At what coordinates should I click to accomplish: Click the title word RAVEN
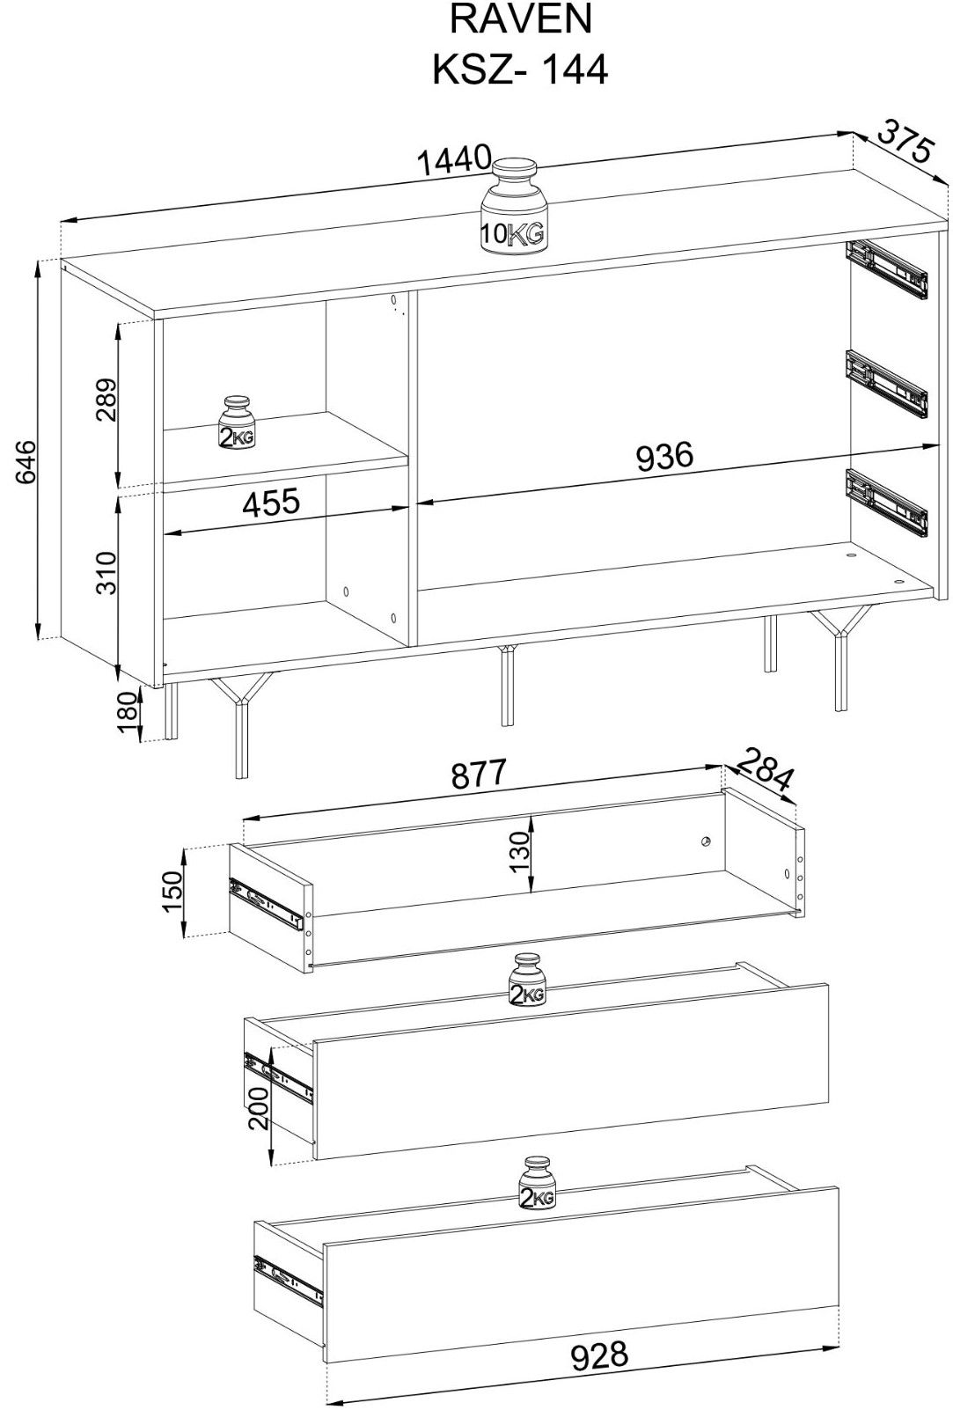point(520,20)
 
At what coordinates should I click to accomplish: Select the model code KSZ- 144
point(520,70)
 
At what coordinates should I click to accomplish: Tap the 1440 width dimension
point(454,160)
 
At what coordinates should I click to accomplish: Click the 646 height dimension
point(26,463)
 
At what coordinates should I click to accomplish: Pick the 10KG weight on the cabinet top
point(512,207)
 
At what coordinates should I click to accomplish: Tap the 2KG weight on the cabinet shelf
point(238,422)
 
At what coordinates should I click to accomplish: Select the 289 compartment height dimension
point(107,400)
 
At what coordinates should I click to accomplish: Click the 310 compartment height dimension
point(107,572)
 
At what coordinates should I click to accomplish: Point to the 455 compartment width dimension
point(272,503)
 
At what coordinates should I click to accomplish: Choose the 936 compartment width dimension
point(663,456)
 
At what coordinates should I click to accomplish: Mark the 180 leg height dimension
point(127,713)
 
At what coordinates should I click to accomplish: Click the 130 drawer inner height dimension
point(522,852)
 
